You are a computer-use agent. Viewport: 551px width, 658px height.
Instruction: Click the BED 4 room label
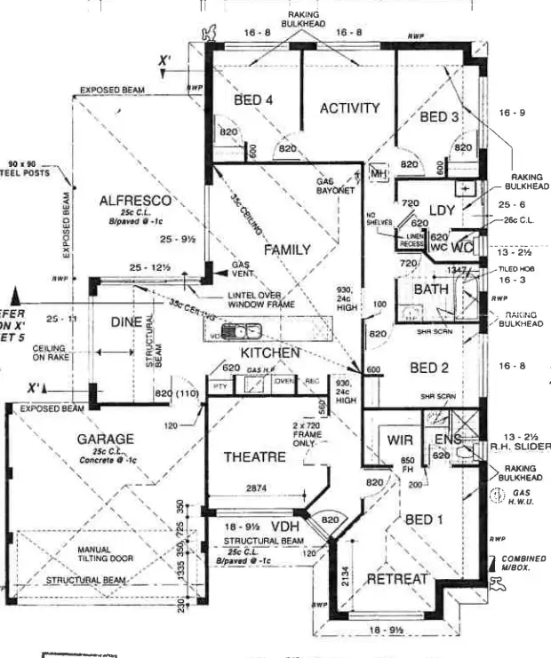coord(253,100)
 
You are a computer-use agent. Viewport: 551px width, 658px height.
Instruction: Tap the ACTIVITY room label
coord(349,108)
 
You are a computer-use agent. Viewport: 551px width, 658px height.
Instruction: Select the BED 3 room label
coord(439,117)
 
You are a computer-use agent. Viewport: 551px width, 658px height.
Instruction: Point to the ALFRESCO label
coord(135,201)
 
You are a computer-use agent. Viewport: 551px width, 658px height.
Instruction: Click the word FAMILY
coord(287,250)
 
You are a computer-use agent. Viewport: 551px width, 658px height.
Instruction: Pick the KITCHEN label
coord(270,353)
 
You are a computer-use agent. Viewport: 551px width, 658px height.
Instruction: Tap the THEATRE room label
coord(254,457)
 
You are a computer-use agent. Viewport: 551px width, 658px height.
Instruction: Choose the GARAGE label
coord(105,439)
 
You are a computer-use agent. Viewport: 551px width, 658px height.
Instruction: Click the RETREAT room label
coord(397,579)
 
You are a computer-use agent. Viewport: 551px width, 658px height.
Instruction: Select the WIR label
coord(393,440)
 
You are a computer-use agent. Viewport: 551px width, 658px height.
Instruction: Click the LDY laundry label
coord(442,210)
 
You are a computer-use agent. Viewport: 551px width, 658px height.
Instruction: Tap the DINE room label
coord(126,323)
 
